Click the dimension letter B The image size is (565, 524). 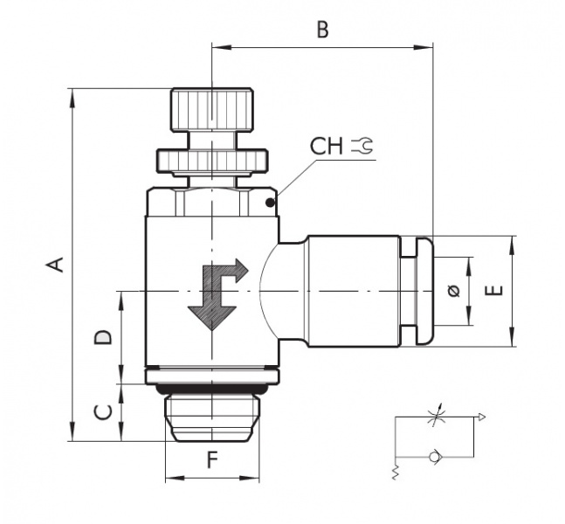tap(322, 31)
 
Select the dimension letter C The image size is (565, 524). tap(102, 411)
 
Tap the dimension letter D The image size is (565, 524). tap(102, 336)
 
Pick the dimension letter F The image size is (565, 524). tap(211, 460)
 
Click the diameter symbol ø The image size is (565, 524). tap(453, 292)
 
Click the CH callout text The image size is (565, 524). tap(327, 146)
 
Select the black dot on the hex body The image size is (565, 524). tap(270, 204)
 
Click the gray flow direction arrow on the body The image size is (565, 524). tap(217, 293)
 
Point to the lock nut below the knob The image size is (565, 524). tap(211, 160)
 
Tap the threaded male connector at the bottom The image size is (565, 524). tap(211, 417)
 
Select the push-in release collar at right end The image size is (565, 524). tap(421, 290)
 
